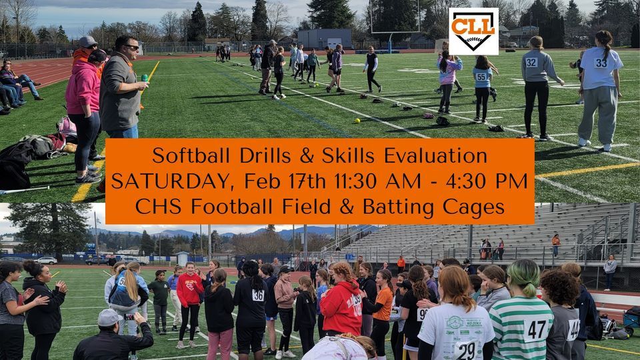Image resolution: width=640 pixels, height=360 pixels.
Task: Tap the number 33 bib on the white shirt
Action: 601,63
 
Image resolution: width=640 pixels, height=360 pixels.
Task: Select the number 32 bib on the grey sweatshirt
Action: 531,62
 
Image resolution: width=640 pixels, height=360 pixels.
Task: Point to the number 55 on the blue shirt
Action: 481,77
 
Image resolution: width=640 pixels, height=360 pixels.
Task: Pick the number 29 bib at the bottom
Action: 466,349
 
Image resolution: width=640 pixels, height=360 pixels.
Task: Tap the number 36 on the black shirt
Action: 258,295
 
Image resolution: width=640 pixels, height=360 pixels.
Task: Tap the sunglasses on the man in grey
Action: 131,47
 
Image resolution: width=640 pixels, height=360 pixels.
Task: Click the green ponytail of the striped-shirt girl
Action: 523,275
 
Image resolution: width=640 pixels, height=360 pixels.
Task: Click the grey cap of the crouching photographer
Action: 109,318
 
